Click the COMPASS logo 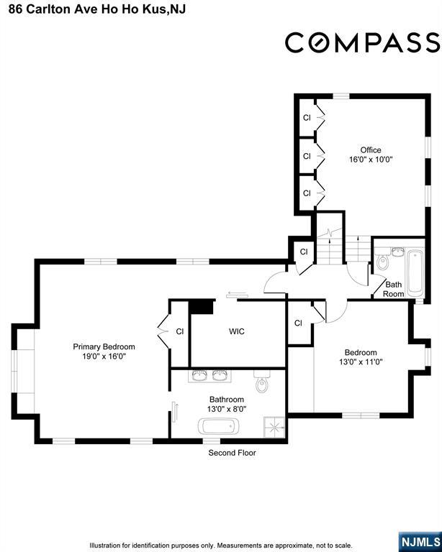(362, 42)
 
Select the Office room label (371, 150)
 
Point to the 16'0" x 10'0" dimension (371, 160)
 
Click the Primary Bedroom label (104, 346)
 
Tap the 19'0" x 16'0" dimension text (104, 356)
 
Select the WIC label (237, 331)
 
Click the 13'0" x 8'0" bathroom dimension (227, 409)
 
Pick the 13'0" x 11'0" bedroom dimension (361, 362)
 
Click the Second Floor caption (232, 453)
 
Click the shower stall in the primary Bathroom (274, 426)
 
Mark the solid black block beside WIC (202, 307)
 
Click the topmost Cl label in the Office (306, 118)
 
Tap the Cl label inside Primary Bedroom (180, 331)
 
